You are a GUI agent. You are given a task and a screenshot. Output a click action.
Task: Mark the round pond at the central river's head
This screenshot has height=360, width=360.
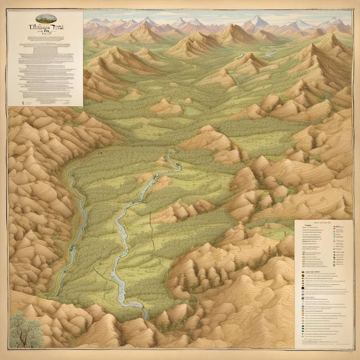coord(170,152)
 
